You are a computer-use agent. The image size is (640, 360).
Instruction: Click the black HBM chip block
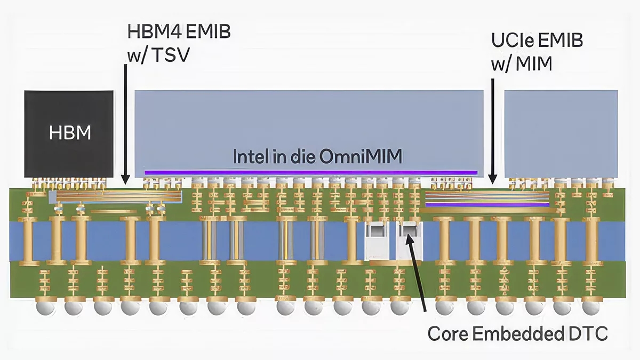click(69, 133)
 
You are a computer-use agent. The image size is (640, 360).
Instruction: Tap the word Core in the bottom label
click(447, 334)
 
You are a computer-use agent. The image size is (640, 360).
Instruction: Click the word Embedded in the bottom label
click(514, 334)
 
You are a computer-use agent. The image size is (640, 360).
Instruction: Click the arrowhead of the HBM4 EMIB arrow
click(125, 181)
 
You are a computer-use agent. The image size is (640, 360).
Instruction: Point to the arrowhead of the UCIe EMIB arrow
click(493, 180)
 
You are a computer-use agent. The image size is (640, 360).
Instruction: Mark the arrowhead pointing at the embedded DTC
click(409, 235)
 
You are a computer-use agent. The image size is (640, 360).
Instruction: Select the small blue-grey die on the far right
click(561, 133)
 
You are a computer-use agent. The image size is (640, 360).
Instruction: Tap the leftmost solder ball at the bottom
click(43, 308)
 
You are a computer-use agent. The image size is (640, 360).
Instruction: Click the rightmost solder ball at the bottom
click(590, 308)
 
